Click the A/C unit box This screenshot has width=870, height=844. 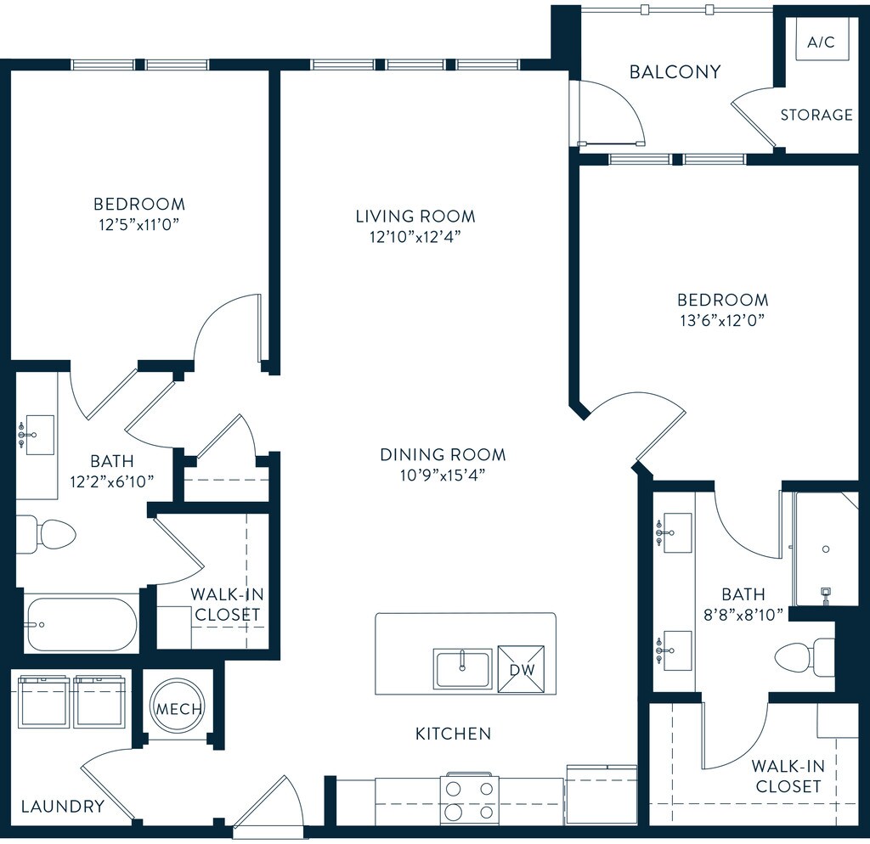coord(821,41)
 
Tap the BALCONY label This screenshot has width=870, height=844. coord(675,72)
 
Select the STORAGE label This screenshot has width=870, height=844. coord(816,115)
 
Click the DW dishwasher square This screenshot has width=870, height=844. coord(521,669)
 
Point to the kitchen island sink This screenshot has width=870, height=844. coord(462,669)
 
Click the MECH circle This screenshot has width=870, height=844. coord(178,708)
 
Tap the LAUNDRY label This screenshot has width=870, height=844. coord(63,807)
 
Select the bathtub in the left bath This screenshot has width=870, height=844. coord(81,624)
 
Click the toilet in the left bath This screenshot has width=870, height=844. coord(46,535)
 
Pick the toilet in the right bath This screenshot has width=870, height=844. coord(804,658)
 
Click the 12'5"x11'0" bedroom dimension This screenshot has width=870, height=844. coord(139,225)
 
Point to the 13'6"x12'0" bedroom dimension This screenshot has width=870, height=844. coord(722,320)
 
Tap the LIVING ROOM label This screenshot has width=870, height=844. coord(415,217)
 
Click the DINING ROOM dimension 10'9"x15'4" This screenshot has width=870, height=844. coord(443,475)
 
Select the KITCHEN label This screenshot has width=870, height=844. coord(454,734)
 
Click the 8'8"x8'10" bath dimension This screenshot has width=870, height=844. coord(743,615)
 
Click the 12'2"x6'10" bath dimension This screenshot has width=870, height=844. coord(112,481)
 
